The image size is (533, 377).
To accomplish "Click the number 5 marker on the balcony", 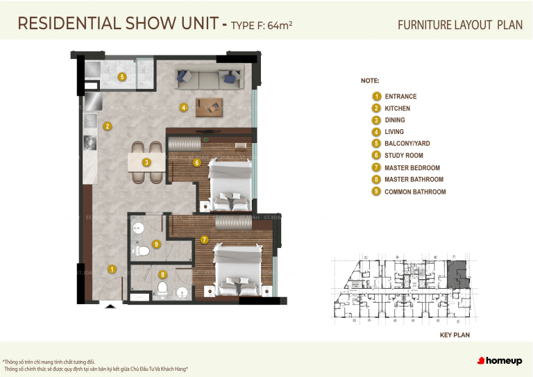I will point(121,77).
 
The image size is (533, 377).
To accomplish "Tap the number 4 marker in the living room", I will point(183,108).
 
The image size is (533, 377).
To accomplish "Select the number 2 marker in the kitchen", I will point(108,126).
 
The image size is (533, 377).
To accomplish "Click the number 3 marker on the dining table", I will point(146,162).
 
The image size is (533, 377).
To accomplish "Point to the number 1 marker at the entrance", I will point(112,269).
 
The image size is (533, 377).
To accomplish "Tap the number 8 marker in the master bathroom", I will point(162,275).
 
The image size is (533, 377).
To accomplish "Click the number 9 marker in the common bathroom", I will point(157,244).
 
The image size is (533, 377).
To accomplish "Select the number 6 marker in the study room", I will point(197,163).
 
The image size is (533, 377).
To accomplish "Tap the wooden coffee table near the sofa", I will point(209,107).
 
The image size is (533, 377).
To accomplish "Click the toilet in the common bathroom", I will point(143,251).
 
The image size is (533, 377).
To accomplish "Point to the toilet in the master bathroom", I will point(162,288).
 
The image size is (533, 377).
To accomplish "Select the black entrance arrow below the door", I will point(110,305).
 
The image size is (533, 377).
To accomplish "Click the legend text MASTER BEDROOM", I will point(412,168).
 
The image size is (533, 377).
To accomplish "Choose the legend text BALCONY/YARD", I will point(407,144).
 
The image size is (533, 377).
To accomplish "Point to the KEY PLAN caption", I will point(455,335).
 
